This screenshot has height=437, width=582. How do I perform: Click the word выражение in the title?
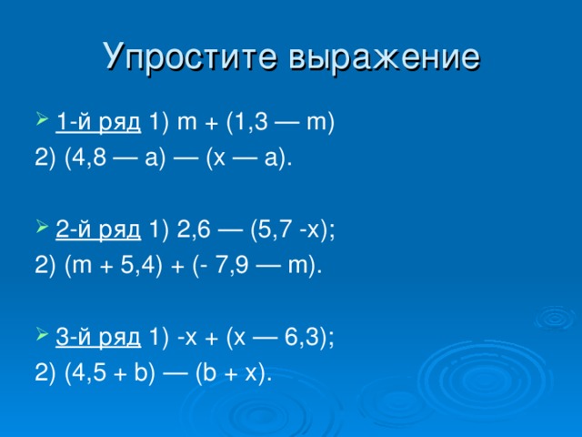click(x=385, y=56)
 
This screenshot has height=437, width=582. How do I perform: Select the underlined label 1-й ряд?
click(x=98, y=122)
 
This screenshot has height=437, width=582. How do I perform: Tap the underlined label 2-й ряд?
click(x=98, y=230)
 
